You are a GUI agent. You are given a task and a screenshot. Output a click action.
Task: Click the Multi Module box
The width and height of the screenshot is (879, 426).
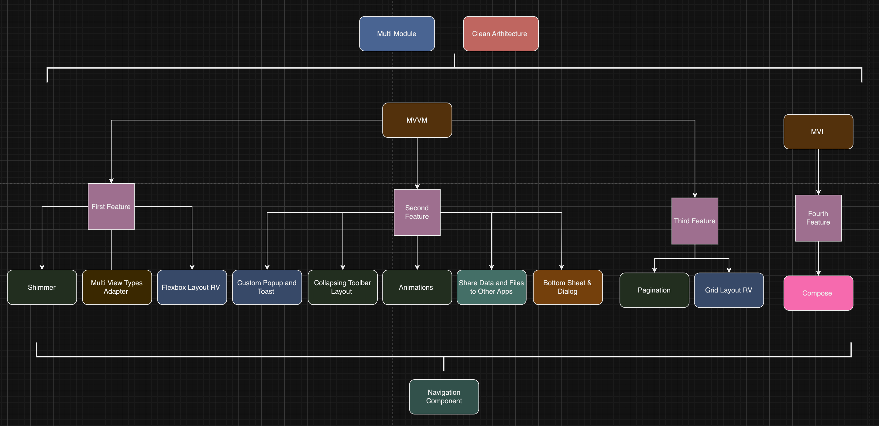click(x=397, y=34)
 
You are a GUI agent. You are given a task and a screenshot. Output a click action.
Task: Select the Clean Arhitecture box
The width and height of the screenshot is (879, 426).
click(x=501, y=34)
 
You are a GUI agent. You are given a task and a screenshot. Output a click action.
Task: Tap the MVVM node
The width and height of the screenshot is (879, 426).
click(x=417, y=120)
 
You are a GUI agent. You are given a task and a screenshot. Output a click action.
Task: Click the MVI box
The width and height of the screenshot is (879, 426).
click(x=818, y=132)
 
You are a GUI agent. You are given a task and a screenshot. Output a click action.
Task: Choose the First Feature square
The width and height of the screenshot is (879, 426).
click(x=111, y=207)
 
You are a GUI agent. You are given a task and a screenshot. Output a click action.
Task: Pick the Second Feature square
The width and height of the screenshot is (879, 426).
click(x=417, y=212)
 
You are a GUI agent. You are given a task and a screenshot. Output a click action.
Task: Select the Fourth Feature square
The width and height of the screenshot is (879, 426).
click(x=818, y=218)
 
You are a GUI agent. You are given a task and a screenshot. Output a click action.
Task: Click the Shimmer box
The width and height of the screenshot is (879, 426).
click(x=42, y=287)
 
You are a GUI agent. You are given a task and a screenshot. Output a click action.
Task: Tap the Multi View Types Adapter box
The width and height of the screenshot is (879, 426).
click(x=117, y=287)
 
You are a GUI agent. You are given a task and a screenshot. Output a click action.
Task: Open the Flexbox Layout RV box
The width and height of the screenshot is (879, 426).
click(x=192, y=287)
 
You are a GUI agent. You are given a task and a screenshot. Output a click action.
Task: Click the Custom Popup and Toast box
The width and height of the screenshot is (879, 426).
click(x=267, y=287)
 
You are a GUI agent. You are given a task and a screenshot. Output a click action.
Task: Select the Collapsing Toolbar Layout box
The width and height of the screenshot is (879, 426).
click(x=342, y=287)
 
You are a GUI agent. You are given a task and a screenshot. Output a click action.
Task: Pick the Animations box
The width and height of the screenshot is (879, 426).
click(x=417, y=287)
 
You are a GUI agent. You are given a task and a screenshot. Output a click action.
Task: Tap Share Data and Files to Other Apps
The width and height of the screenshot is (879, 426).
click(x=491, y=287)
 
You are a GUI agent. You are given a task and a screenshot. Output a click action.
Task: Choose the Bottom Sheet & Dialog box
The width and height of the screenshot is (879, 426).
click(x=568, y=287)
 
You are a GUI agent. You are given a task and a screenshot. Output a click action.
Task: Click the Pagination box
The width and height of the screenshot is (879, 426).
click(x=654, y=290)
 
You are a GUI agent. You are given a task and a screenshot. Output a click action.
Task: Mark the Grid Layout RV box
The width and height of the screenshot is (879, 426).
click(x=729, y=290)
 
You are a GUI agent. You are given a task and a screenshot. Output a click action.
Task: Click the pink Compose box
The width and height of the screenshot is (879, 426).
click(x=818, y=293)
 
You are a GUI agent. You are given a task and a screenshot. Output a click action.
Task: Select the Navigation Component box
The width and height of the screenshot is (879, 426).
click(x=444, y=397)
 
